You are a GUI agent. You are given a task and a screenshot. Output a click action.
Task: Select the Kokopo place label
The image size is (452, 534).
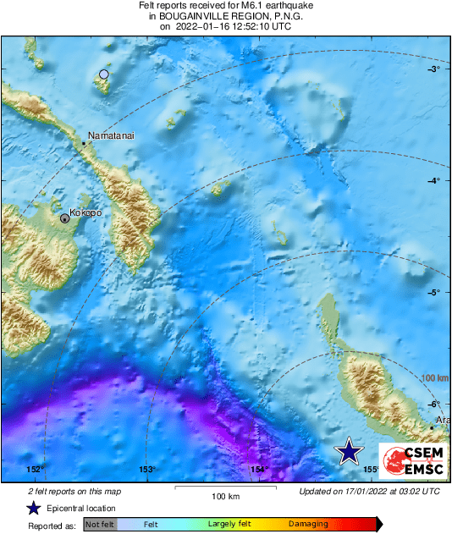click(x=85, y=213)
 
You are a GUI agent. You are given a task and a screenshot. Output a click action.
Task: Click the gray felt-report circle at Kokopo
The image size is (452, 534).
click(x=65, y=218)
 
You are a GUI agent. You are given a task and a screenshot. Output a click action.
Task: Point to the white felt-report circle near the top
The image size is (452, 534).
click(x=104, y=74)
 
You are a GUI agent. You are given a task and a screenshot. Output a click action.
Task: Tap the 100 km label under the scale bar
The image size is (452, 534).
click(x=226, y=496)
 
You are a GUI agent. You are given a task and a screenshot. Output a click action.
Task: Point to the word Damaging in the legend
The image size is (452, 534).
click(x=307, y=525)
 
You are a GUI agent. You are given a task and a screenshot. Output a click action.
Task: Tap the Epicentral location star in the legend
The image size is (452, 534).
click(x=33, y=508)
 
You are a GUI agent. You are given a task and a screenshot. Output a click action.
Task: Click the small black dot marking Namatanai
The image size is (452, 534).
click(x=84, y=145)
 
